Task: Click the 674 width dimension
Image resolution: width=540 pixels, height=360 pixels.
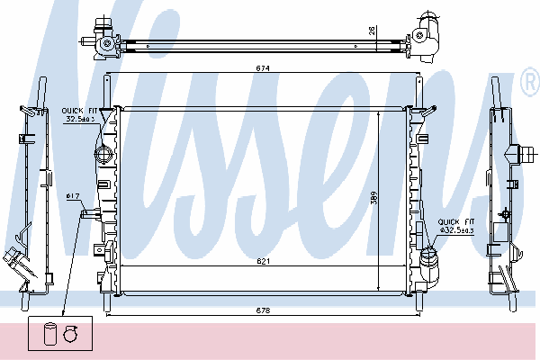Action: (x=263, y=68)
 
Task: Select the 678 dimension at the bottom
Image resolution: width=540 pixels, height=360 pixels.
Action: (x=263, y=310)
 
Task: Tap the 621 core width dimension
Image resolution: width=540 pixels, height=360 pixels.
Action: (x=263, y=261)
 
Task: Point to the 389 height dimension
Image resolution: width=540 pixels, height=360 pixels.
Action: (x=374, y=198)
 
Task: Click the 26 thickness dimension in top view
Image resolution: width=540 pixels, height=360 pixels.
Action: (x=372, y=31)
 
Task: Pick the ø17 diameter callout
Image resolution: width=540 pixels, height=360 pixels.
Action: (x=73, y=196)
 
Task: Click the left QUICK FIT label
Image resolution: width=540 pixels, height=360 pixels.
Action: (x=79, y=111)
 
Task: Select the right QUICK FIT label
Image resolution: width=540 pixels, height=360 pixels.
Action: (x=456, y=222)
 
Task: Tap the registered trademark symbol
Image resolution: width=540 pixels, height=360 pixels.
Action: (x=530, y=82)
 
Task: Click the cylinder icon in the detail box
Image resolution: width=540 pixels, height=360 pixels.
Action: (x=49, y=333)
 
